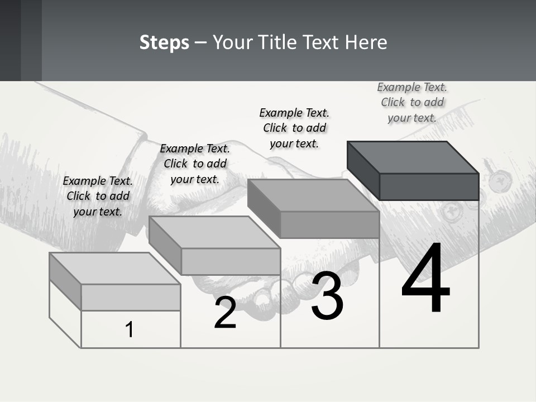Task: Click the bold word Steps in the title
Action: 164,43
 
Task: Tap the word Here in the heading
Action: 366,42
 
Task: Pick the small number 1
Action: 129,329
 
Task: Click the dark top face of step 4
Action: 413,157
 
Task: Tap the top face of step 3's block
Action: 313,195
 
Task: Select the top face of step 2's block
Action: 214,232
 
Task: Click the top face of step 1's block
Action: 115,269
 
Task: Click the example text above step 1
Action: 98,196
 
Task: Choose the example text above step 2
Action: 195,164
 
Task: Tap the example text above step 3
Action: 294,128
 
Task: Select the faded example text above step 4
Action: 412,103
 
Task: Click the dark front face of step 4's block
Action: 429,186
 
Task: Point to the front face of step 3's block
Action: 330,224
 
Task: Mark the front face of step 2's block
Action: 231,261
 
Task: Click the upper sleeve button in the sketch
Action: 500,180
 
